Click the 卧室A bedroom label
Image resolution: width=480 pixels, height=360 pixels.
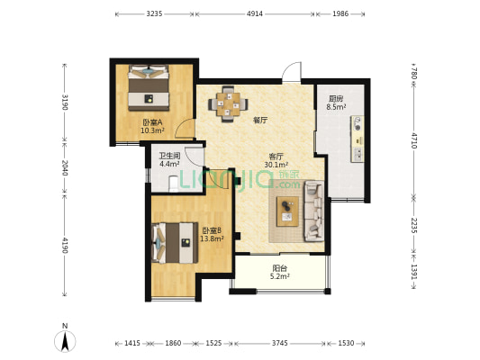152,122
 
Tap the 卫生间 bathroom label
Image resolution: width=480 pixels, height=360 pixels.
169,156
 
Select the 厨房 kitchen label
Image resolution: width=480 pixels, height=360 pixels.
336,99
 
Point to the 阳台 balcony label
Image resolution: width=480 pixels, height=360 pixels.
280,268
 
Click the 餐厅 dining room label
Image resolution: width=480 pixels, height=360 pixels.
260,121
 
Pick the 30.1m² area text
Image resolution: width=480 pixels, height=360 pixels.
276,165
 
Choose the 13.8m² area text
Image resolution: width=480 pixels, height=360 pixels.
212,238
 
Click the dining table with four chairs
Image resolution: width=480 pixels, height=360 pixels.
228,104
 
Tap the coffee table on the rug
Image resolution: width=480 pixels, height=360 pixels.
287,211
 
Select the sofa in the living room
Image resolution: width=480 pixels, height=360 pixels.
313,211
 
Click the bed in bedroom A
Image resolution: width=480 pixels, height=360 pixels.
149,87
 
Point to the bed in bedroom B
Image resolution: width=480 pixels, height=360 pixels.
175,243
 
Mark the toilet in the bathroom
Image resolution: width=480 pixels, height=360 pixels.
174,184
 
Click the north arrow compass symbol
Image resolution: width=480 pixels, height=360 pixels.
65,340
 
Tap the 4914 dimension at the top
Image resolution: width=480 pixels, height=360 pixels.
255,13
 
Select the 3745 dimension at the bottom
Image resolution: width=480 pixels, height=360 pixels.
280,343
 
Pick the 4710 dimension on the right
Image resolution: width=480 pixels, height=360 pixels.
414,140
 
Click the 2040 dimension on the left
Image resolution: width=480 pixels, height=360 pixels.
65,167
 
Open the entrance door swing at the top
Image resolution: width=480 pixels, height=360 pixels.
292,72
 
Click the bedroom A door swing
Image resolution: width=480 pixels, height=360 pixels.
185,129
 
